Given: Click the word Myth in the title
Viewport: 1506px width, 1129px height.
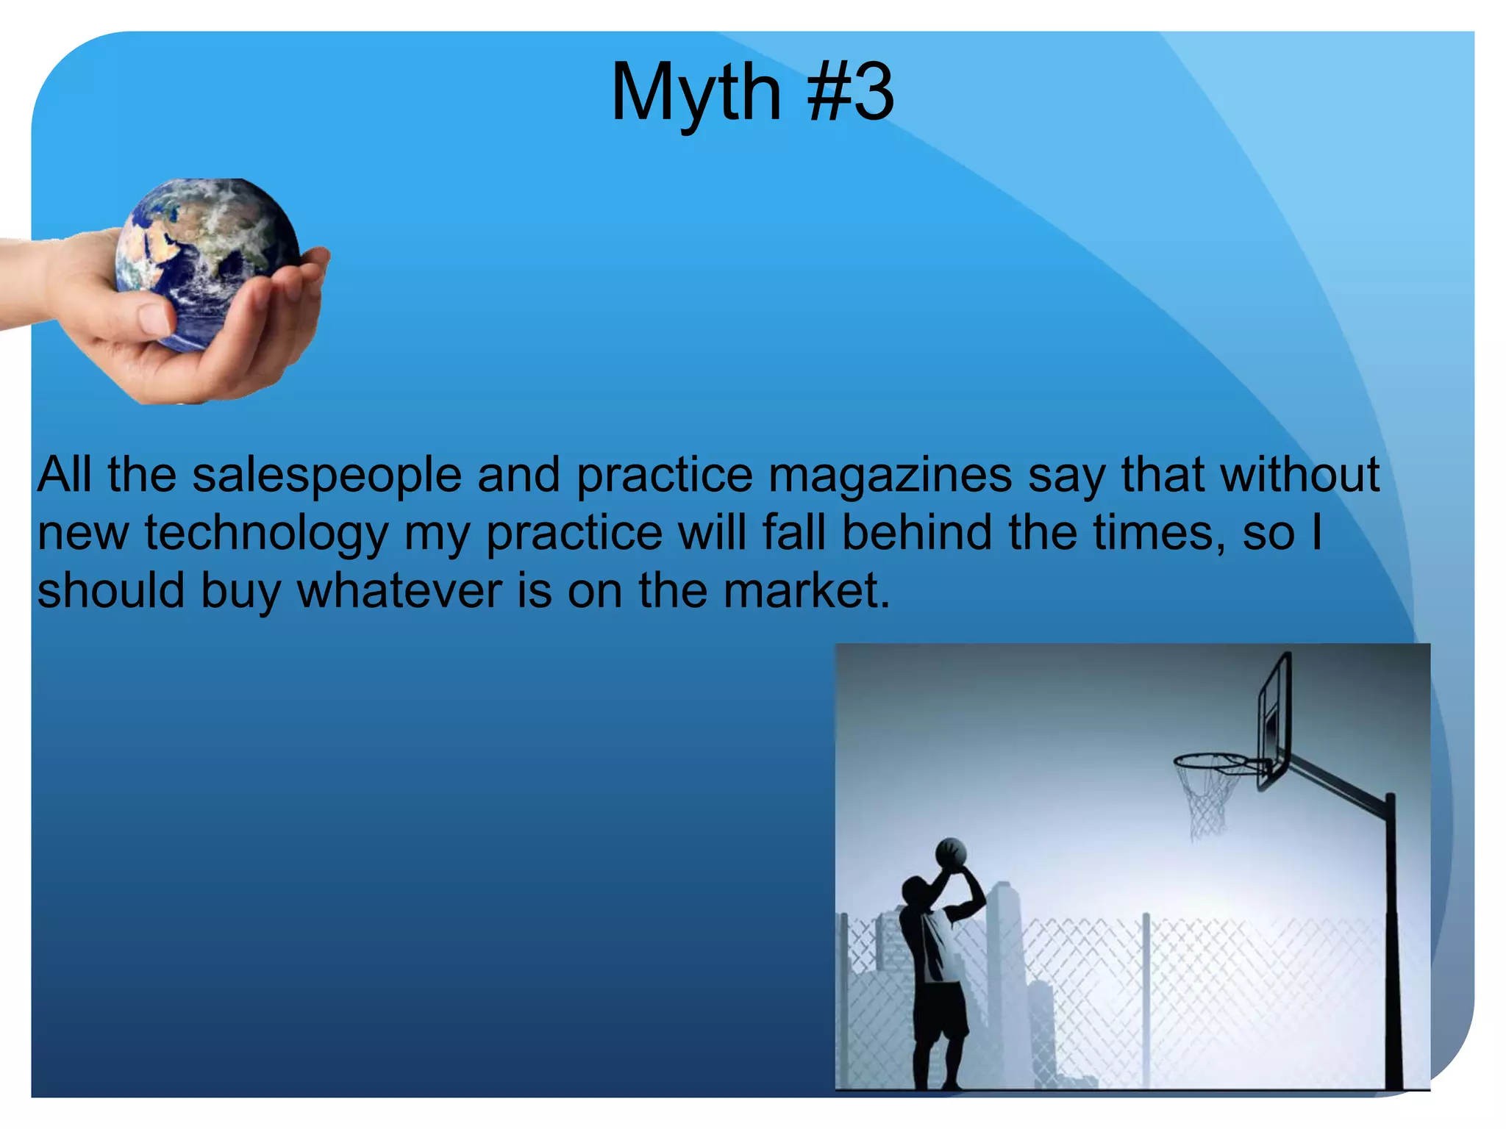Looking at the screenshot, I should click(x=695, y=93).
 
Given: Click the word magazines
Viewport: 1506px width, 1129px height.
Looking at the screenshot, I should click(x=891, y=475).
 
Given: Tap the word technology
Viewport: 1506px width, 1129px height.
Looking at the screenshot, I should click(x=266, y=533).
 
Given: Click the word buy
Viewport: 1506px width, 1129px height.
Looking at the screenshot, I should click(x=241, y=591).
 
